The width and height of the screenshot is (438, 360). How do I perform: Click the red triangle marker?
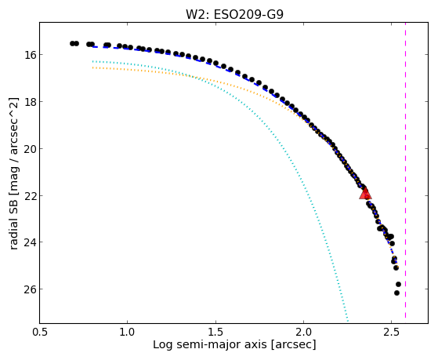(365, 194)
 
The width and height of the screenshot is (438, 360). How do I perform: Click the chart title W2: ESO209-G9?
(234, 14)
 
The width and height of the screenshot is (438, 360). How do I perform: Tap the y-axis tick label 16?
(30, 55)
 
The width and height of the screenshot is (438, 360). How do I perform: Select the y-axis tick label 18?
(30, 101)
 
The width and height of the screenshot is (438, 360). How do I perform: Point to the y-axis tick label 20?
(30, 148)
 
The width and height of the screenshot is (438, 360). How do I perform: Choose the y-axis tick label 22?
(30, 195)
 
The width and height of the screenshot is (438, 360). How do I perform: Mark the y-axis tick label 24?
(30, 242)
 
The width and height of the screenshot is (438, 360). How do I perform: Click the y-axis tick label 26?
(30, 289)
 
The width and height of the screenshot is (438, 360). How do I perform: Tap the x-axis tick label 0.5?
(40, 332)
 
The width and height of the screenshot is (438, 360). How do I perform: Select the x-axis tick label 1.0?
(127, 332)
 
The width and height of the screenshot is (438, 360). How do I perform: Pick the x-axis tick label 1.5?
(215, 332)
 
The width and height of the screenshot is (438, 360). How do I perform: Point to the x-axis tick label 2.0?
(304, 332)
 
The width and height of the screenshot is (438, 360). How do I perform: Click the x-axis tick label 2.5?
(392, 332)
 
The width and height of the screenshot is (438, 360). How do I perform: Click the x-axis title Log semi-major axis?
(210, 345)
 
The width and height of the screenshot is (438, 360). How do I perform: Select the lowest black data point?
(396, 293)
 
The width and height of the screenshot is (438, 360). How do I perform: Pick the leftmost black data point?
(72, 43)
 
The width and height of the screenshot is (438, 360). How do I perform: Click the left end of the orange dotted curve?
(93, 67)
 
